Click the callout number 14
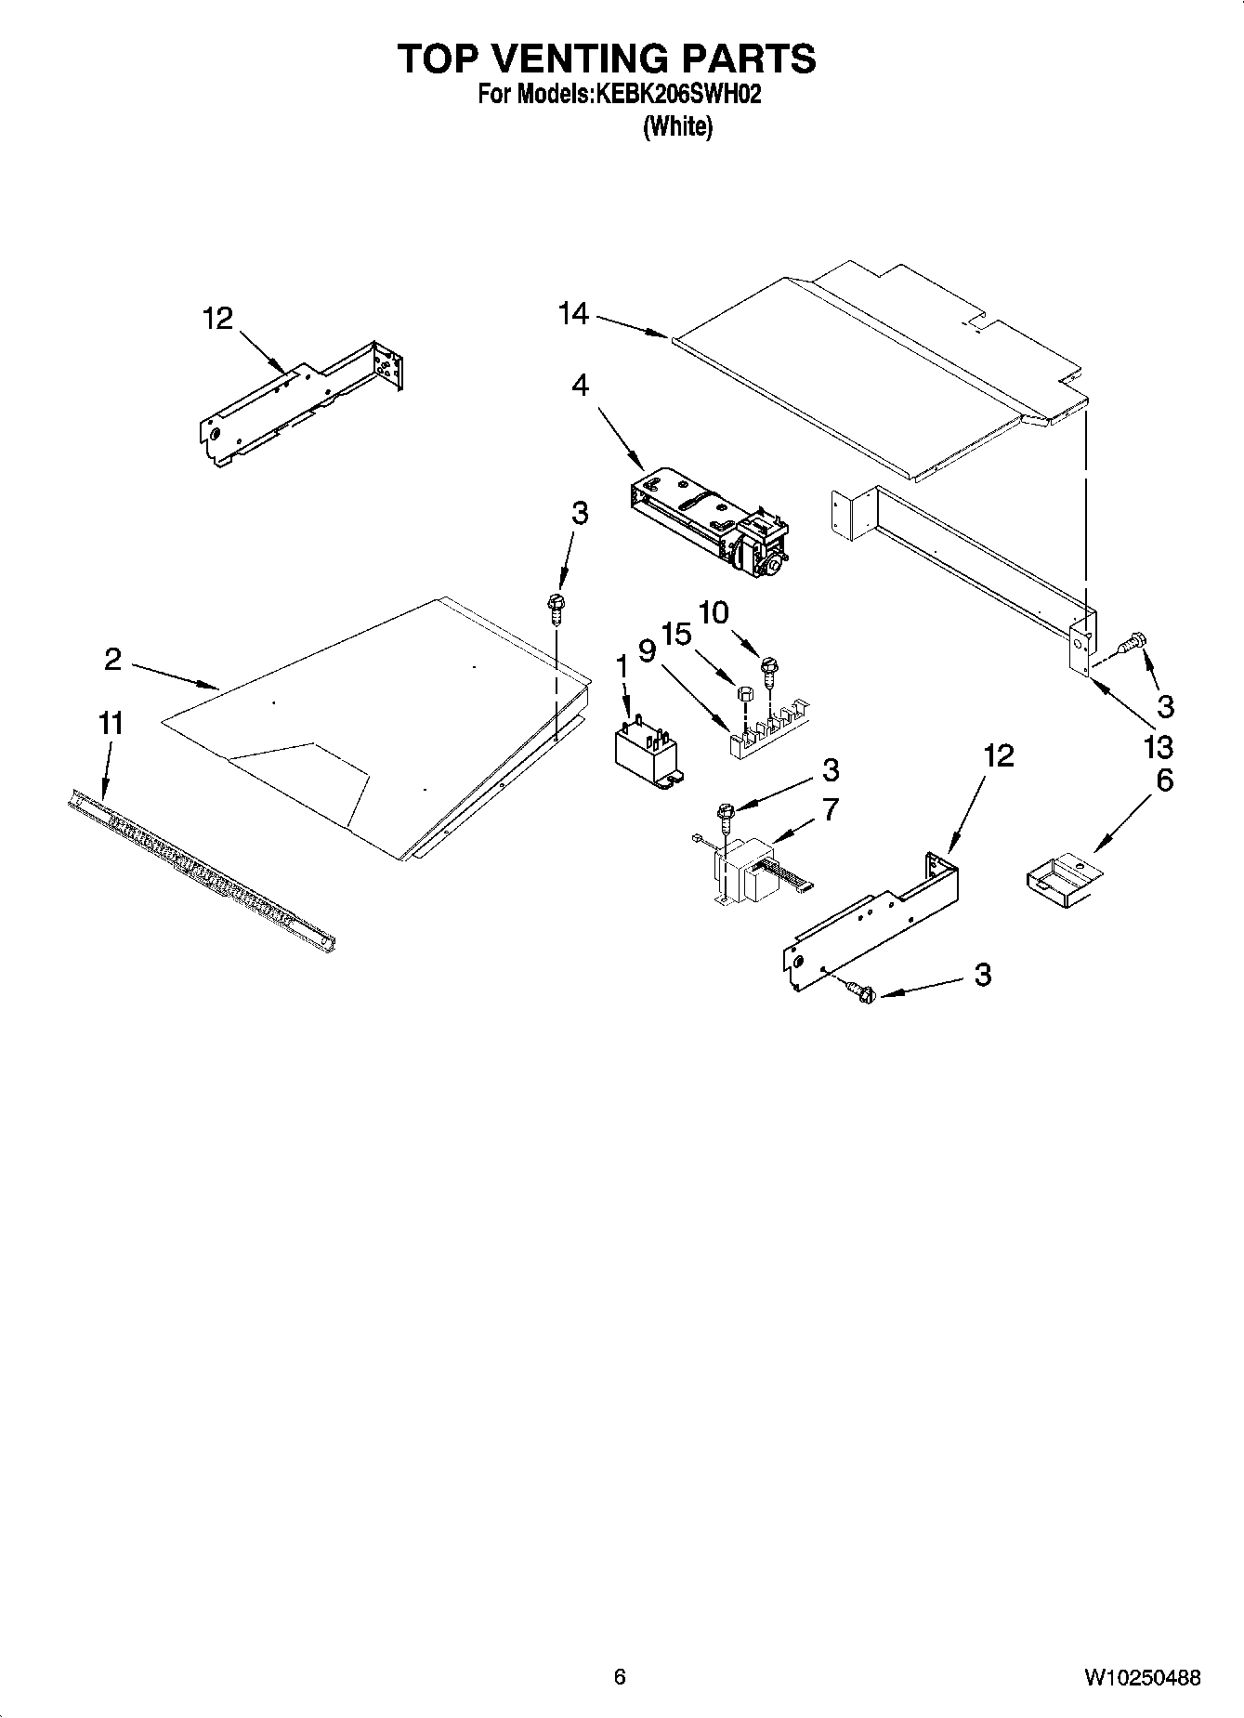pos(572,314)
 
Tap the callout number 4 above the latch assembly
pos(581,385)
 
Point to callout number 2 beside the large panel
pos(112,660)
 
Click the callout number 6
pos(1164,780)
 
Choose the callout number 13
pos(1159,746)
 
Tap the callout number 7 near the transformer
pos(830,809)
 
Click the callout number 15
pos(677,635)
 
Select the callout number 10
pos(714,612)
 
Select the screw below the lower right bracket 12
pos(861,993)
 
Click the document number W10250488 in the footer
pos(1141,1678)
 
